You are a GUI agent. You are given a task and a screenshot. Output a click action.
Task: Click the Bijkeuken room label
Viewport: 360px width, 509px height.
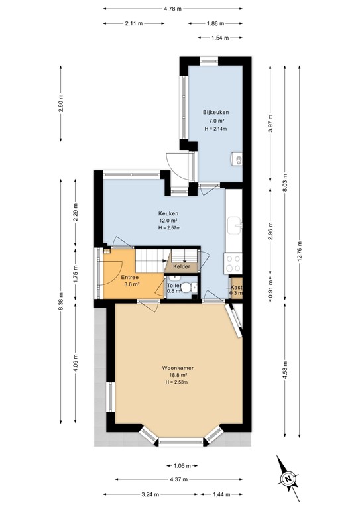(215, 112)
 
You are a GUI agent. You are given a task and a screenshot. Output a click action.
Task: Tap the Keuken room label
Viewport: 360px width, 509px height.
(168, 213)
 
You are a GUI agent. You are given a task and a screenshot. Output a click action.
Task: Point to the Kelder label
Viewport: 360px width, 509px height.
(182, 266)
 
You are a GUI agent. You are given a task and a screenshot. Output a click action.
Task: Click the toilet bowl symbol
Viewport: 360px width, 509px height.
(189, 287)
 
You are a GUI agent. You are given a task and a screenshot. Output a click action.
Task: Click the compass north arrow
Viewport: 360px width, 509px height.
(288, 477)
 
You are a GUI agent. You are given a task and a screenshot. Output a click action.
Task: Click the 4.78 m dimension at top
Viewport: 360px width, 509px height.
(172, 8)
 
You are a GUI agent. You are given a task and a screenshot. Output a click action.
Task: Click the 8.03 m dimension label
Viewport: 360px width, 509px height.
(286, 181)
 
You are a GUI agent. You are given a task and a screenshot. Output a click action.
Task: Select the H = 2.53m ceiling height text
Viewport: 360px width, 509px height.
(177, 382)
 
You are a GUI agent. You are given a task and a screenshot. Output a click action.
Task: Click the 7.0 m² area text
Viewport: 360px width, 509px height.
(215, 121)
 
